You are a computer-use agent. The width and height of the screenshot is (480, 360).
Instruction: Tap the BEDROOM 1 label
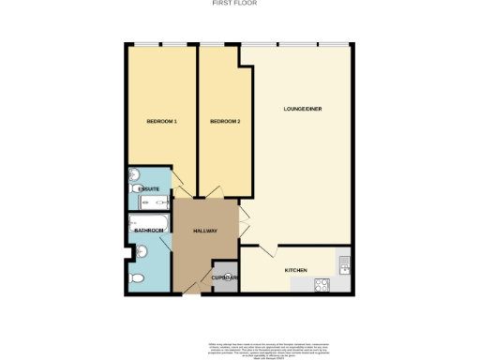pyautogui.click(x=162, y=122)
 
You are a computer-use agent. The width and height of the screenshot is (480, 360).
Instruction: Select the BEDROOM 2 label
pyautogui.click(x=225, y=122)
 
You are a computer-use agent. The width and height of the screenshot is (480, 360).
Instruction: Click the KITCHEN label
pyautogui.click(x=296, y=270)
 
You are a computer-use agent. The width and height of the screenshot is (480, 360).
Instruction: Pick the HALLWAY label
pyautogui.click(x=204, y=231)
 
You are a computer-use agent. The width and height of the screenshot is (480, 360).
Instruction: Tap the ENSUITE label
pyautogui.click(x=148, y=190)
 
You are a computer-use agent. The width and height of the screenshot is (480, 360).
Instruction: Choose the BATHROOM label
pyautogui.click(x=148, y=231)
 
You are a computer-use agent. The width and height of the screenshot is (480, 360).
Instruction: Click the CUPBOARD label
pyautogui.click(x=225, y=277)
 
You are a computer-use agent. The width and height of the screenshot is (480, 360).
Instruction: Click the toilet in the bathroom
pyautogui.click(x=138, y=279)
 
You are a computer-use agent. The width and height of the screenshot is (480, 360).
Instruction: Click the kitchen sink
pyautogui.click(x=344, y=264)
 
